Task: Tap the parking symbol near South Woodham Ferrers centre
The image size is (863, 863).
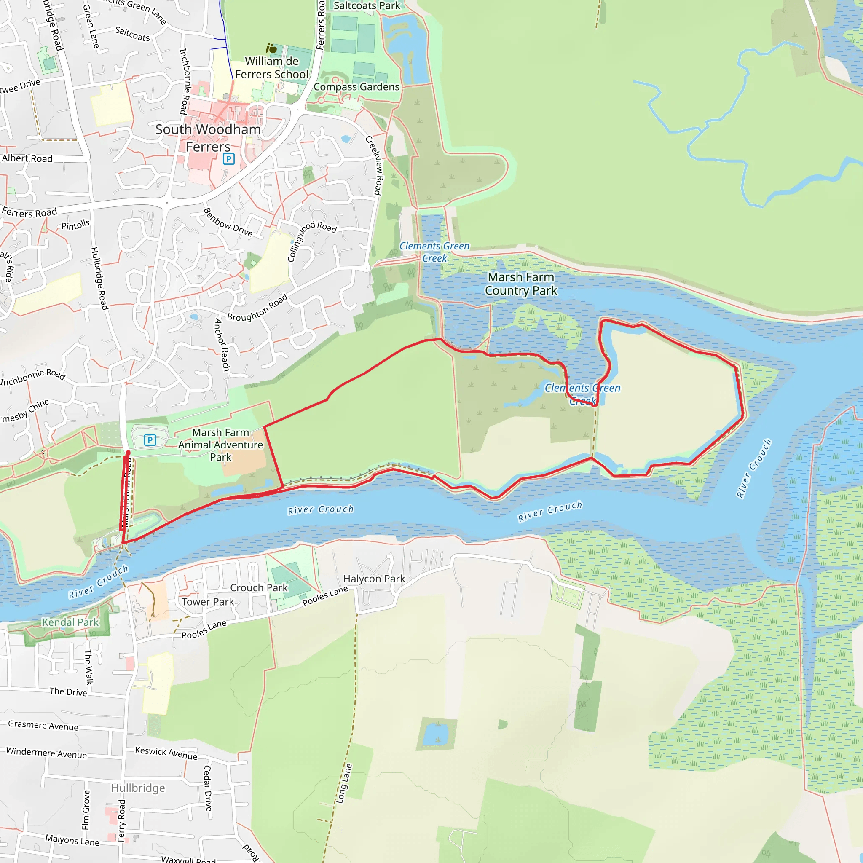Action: pos(229,158)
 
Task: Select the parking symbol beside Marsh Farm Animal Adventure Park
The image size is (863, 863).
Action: pos(150,440)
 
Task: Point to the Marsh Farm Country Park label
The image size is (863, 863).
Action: pos(521,284)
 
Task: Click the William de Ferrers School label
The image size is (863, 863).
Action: pos(272,67)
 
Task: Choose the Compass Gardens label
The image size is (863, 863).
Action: pos(356,87)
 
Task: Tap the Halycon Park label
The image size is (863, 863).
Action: pos(374,579)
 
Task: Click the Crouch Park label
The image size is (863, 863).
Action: pos(259,588)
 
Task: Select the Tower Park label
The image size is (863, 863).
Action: pos(208,602)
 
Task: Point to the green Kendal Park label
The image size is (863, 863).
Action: pos(70,622)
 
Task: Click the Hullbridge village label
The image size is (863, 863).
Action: pos(138,788)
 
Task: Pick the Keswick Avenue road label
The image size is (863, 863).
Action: pos(166,753)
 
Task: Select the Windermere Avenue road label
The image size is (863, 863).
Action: pos(46,753)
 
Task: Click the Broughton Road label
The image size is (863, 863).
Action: pos(257,308)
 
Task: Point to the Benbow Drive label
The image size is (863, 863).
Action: pos(228,222)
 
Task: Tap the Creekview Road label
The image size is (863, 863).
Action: pos(374,165)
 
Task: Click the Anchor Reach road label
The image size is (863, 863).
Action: pos(222,345)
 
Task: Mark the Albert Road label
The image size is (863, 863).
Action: pos(27,158)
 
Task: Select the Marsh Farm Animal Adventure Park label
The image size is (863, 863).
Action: pos(221,445)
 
